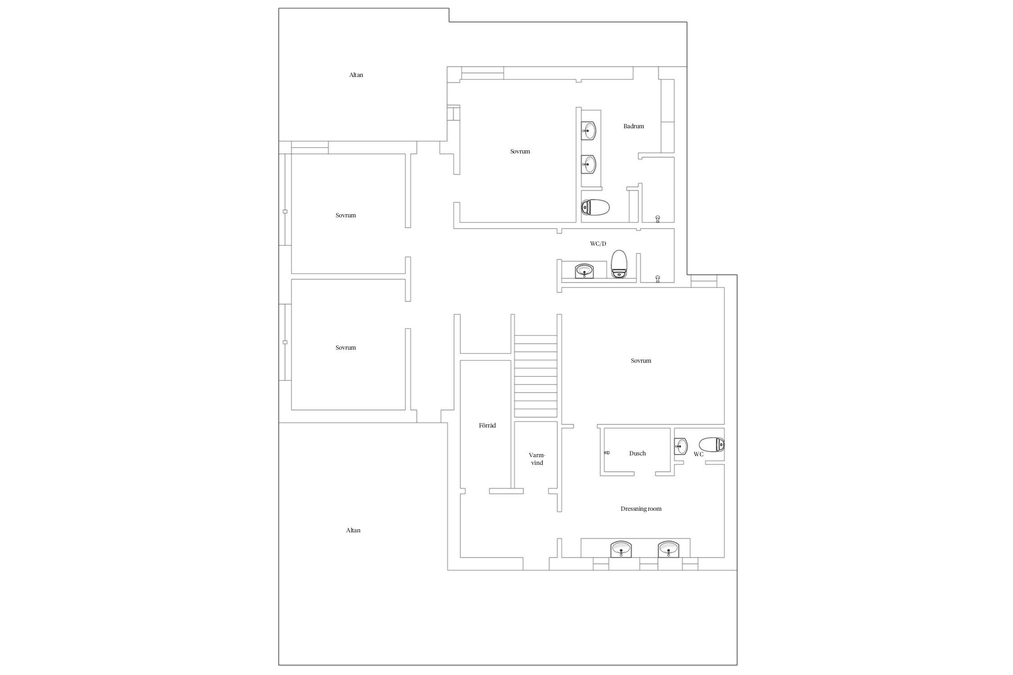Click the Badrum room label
tap(633, 126)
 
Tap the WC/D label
tap(598, 244)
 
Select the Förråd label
tap(487, 425)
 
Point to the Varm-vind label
tap(537, 459)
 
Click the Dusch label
tap(638, 454)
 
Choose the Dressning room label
tap(641, 509)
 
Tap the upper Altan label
tap(356, 75)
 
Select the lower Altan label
tap(353, 531)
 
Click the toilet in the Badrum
tap(595, 208)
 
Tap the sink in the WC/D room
tap(585, 271)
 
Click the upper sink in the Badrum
tap(588, 131)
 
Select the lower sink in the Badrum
tap(588, 164)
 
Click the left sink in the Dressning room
tap(621, 549)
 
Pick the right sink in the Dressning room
tap(669, 549)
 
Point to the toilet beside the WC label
tap(711, 445)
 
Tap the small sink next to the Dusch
tap(681, 446)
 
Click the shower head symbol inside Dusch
tap(607, 453)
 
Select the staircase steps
tap(536, 376)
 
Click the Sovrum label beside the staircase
tap(641, 361)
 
